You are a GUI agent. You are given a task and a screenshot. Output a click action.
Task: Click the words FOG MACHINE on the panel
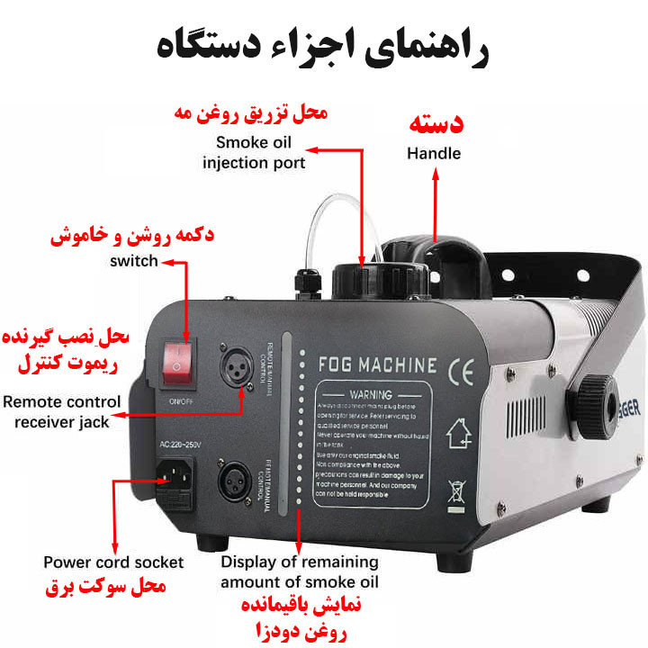[x=377, y=366]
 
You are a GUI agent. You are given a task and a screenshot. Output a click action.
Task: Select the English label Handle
[x=433, y=154]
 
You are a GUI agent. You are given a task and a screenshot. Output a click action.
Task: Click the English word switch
[x=133, y=261]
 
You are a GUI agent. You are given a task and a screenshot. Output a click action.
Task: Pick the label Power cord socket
[x=113, y=562]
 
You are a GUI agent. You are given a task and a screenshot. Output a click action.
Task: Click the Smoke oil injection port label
[x=254, y=153]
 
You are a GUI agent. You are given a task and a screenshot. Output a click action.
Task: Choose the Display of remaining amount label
[x=300, y=571]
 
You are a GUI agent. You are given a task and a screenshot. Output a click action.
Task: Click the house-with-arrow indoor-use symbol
[x=459, y=434]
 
